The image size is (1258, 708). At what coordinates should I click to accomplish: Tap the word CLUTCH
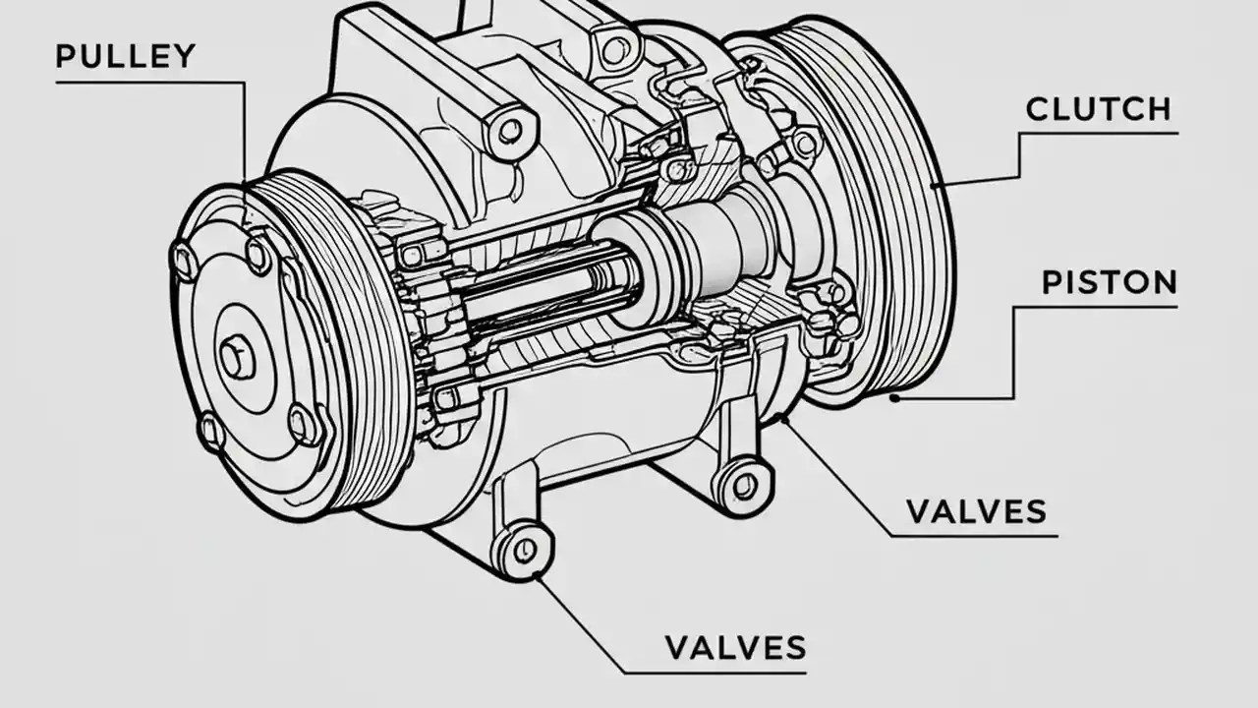pos(1098,109)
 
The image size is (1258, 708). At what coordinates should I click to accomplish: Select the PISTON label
pos(1109,283)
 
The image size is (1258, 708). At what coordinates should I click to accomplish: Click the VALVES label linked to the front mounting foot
pos(735,647)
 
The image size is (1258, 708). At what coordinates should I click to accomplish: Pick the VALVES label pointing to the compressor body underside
pos(976,512)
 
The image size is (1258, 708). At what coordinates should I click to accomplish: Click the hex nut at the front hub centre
pos(237,356)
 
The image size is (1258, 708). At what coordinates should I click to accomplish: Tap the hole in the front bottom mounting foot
pos(525,548)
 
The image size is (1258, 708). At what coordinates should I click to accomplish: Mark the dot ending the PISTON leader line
pos(894,398)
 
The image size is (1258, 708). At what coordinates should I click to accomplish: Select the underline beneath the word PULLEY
pos(147,83)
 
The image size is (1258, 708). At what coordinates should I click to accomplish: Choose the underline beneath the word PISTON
pos(1096,307)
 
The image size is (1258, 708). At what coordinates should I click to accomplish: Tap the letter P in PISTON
pos(1051,283)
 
